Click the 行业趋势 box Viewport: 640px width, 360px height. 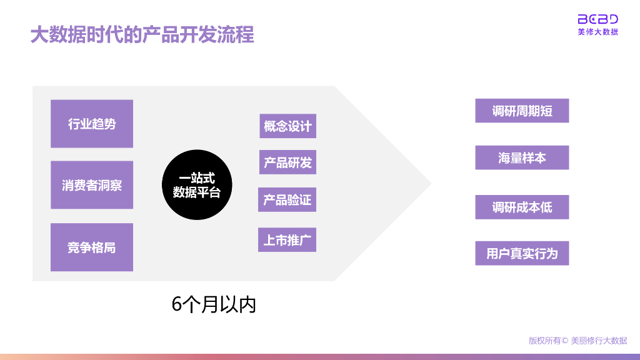[92, 124]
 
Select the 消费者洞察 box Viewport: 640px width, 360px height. [92, 185]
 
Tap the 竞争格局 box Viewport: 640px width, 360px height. [92, 247]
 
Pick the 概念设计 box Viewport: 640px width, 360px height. [287, 126]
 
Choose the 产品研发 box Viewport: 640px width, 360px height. [287, 162]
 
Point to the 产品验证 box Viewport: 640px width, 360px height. [287, 200]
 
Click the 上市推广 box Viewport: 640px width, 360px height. [287, 240]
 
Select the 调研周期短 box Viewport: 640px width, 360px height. [522, 111]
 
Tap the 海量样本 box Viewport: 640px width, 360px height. [522, 158]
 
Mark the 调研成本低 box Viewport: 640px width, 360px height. [522, 207]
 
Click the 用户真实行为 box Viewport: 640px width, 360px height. [522, 254]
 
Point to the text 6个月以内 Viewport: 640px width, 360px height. [214, 304]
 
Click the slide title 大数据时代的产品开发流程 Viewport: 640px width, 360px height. [142, 34]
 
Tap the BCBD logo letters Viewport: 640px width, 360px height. [597, 19]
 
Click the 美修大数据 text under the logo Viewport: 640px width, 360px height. [597, 32]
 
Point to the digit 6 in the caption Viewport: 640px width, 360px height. [177, 304]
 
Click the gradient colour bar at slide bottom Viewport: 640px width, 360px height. [320, 356]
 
